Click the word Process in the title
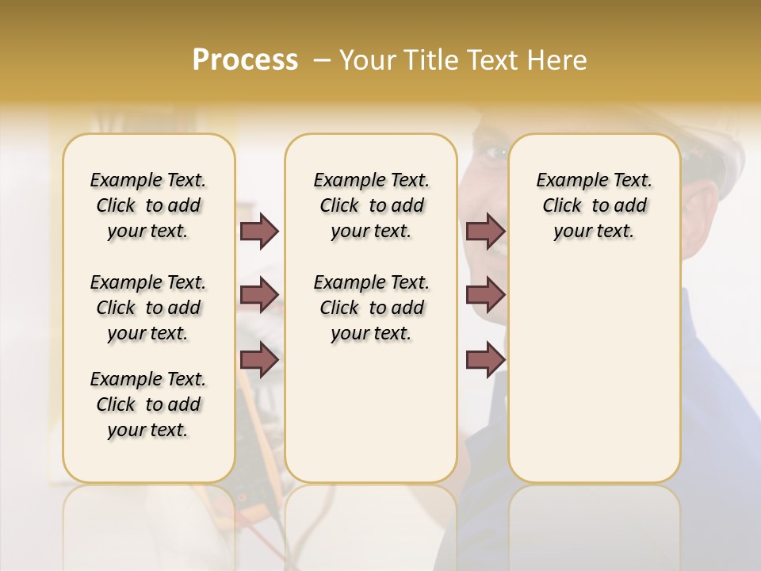245,59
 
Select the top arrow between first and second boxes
259,231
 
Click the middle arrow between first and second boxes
259,295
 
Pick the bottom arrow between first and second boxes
259,360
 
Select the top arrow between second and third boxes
486,231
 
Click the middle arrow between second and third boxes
486,295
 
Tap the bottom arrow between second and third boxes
486,360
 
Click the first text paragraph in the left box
148,205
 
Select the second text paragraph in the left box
148,308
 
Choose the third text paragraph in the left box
148,404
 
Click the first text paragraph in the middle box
371,205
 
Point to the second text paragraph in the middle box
371,308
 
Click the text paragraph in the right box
594,205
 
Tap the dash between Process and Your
322,59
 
